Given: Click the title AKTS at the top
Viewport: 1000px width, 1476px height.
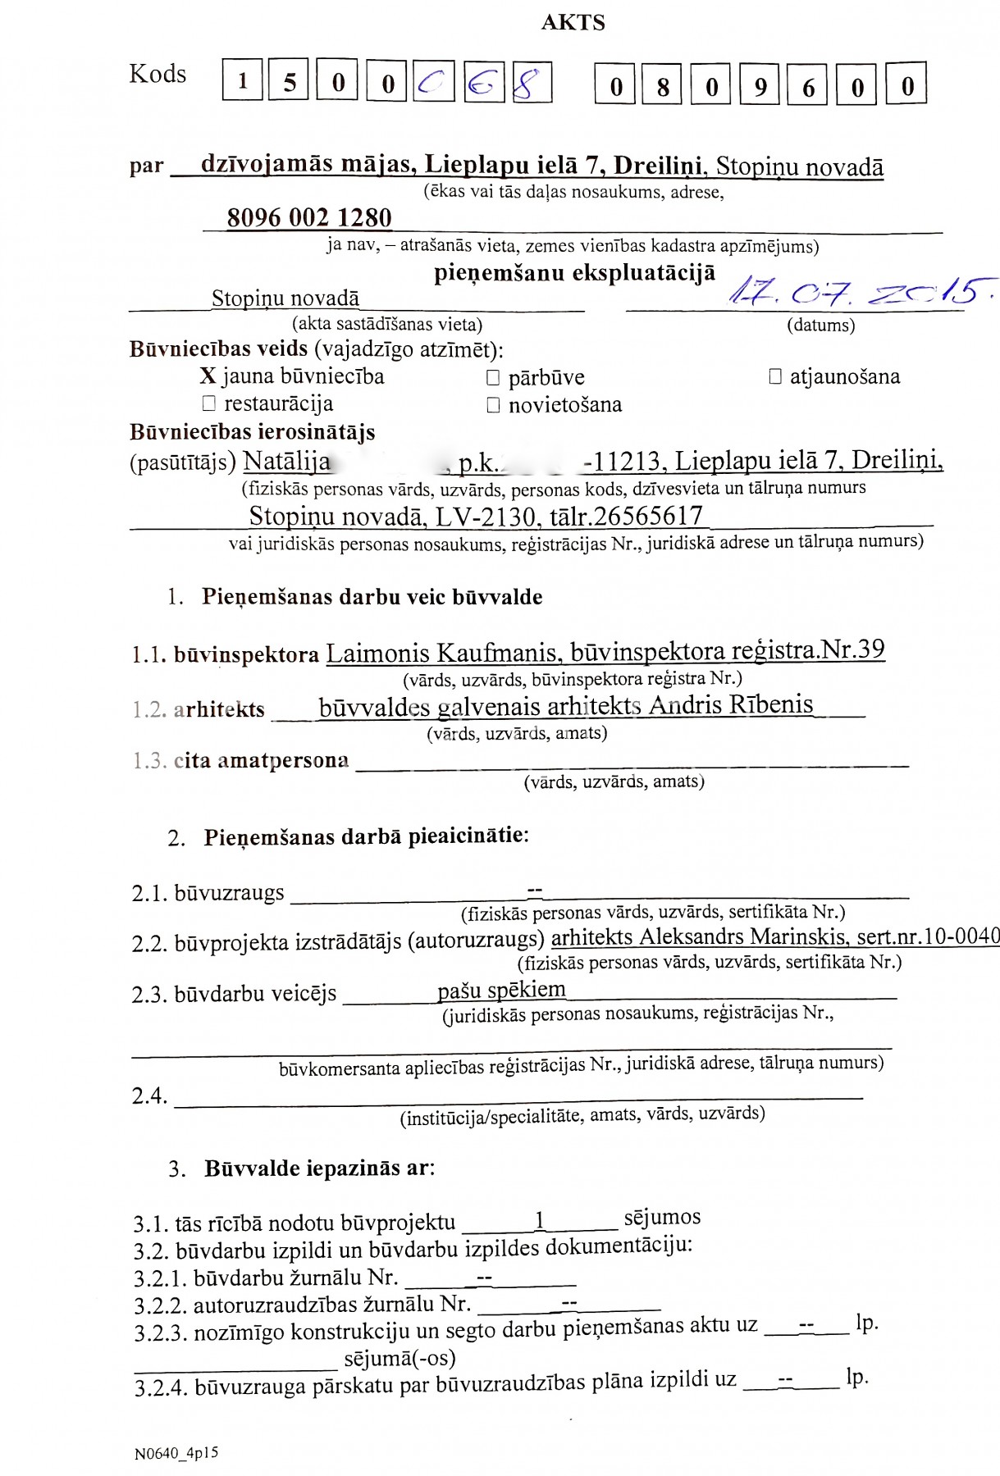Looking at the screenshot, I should (573, 22).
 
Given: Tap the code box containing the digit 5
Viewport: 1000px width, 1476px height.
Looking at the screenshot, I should (290, 81).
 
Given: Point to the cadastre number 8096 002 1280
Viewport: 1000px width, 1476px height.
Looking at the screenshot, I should (309, 218).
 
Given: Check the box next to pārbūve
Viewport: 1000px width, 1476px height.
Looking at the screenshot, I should (493, 378).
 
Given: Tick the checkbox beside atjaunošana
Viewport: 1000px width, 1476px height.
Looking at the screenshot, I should (774, 376).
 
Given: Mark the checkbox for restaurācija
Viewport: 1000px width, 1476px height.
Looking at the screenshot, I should (208, 403).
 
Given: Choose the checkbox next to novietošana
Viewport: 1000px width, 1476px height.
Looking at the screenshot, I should (493, 405).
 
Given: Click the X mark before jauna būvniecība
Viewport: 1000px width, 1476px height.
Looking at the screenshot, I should (208, 376).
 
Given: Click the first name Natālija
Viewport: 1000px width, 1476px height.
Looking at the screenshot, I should (286, 462).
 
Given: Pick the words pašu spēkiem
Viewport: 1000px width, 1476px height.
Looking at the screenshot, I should (501, 990).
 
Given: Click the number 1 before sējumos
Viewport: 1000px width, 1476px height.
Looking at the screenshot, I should (539, 1220).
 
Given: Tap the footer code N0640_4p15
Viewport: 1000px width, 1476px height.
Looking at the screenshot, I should (176, 1453).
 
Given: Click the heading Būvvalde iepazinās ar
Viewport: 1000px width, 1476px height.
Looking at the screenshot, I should (319, 1168).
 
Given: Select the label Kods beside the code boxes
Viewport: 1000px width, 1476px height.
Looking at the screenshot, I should (158, 74).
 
